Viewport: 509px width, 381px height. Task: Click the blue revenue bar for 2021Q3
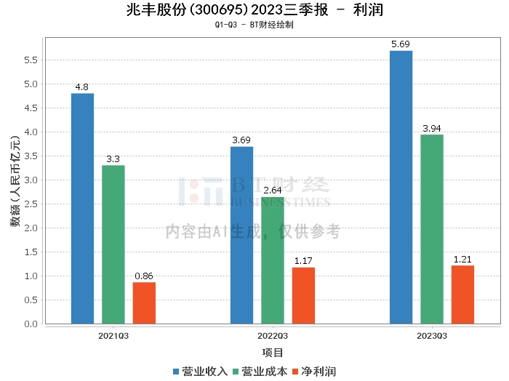(x=82, y=209)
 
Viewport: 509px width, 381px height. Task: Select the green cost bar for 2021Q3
(x=113, y=244)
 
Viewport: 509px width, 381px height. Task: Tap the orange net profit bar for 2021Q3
(x=144, y=302)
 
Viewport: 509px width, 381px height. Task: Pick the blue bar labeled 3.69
(x=241, y=235)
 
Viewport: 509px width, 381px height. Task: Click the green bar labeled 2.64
(x=273, y=260)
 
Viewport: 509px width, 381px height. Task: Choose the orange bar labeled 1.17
(x=303, y=295)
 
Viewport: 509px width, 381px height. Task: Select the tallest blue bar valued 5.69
(x=401, y=187)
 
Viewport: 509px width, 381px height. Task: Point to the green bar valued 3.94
(x=431, y=229)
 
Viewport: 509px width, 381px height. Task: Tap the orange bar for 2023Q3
(x=462, y=294)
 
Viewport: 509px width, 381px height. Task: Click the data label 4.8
(x=82, y=87)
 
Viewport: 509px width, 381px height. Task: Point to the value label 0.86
(x=144, y=276)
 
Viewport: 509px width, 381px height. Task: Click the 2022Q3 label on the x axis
(x=273, y=336)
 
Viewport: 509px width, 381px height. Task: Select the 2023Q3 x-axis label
(x=431, y=336)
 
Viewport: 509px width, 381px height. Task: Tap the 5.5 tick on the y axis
(x=30, y=60)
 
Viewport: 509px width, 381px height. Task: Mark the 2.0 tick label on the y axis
(x=30, y=228)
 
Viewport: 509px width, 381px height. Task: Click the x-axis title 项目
(x=273, y=353)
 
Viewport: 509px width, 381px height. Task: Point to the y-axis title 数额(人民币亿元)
(x=15, y=181)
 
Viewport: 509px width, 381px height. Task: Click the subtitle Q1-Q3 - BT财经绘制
(x=254, y=25)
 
